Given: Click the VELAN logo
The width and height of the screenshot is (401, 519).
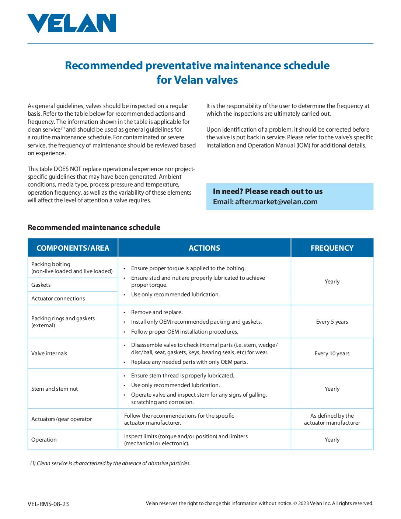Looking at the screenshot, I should point(72,23).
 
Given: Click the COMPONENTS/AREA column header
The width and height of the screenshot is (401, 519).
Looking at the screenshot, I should point(73,248).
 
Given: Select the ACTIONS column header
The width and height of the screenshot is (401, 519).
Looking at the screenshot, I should point(204,248).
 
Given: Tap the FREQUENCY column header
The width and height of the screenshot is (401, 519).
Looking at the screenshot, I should point(332,248).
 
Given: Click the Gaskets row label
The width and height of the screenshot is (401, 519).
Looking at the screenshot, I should point(41,285).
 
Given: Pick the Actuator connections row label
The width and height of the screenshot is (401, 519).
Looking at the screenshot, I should point(58,299).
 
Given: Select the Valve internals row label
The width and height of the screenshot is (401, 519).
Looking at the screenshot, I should point(49,353).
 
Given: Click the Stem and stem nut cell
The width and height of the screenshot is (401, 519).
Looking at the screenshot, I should point(55,389).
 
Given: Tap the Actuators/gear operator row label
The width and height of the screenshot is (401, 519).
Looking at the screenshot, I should point(62,419).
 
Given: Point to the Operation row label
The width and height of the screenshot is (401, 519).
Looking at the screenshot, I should point(44,440).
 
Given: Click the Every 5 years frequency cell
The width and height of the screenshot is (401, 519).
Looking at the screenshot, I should point(332,322).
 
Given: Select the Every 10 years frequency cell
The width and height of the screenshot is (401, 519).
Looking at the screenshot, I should point(332,353).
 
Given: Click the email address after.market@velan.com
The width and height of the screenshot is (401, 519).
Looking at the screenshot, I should point(276,202).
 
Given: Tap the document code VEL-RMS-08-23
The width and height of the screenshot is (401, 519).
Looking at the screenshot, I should point(48,504).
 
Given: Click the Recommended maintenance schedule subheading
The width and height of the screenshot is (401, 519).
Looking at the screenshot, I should point(94,227).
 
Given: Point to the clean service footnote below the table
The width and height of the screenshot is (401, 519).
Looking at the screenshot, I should point(111,463).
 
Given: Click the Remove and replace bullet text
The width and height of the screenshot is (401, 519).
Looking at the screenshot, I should point(157,312).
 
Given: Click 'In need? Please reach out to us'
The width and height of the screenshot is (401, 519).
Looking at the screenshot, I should point(268,191).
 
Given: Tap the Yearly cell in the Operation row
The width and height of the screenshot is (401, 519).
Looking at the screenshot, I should point(332,440).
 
